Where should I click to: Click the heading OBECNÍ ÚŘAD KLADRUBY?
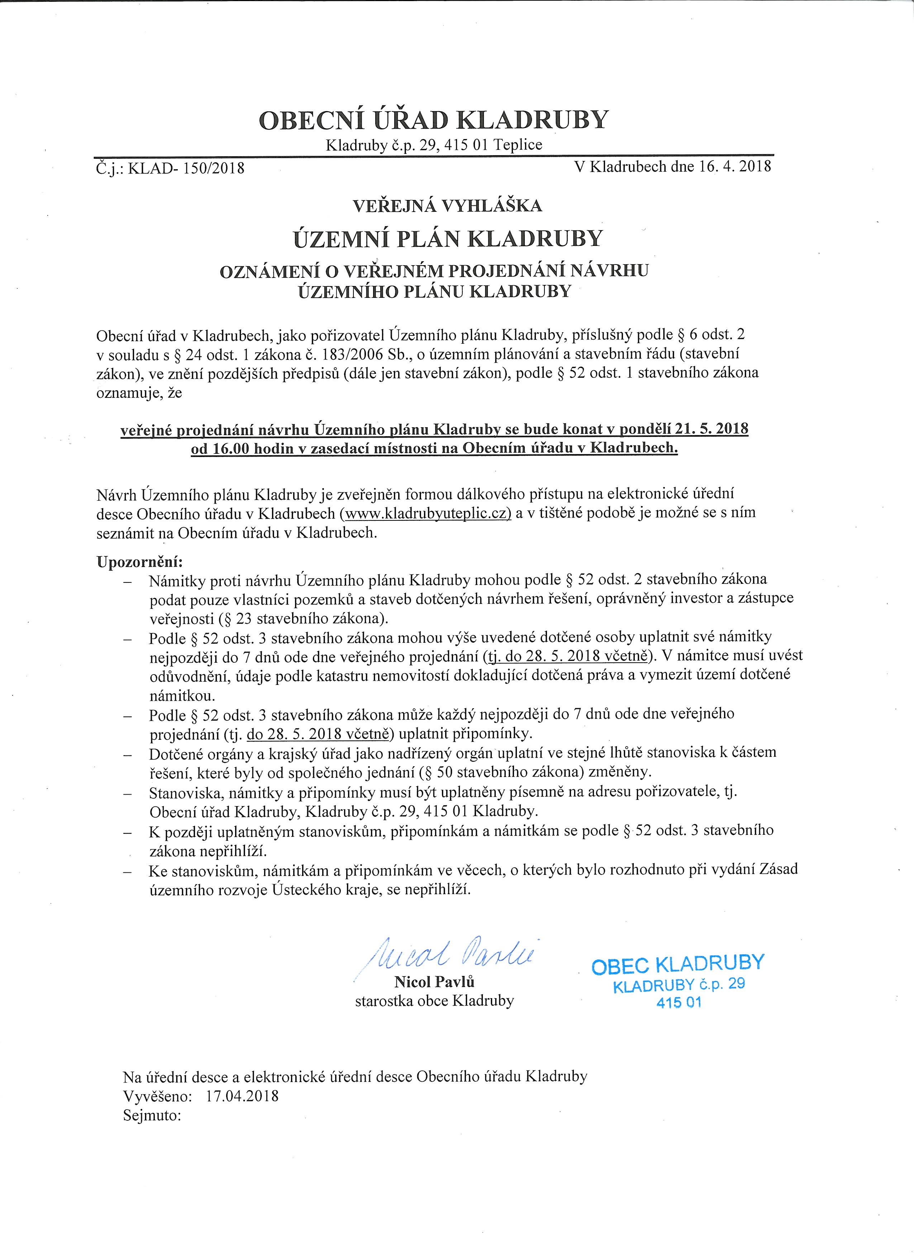point(434,120)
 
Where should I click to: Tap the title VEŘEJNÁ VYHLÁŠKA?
point(448,206)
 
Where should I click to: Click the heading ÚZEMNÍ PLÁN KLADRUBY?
point(448,238)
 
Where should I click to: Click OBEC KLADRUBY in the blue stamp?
point(678,965)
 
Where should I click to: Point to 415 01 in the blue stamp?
point(679,1002)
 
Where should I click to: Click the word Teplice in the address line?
point(518,145)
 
